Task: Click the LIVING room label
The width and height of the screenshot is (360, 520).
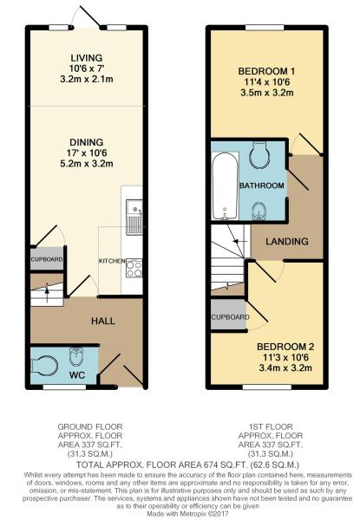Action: click(x=86, y=58)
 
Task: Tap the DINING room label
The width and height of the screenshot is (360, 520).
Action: click(x=86, y=142)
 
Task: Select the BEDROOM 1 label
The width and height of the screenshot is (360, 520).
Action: click(x=267, y=71)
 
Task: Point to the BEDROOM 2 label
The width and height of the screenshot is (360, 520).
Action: click(x=285, y=347)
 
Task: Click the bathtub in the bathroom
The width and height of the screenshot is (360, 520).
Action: click(x=225, y=186)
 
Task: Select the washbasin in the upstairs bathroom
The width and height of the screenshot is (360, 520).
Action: click(x=259, y=211)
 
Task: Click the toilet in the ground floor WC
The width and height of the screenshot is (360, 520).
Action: click(x=44, y=366)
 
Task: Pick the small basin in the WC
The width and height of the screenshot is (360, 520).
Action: click(x=76, y=355)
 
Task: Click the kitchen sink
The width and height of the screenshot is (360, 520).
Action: click(x=134, y=218)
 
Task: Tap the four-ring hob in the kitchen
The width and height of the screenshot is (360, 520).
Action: click(x=134, y=268)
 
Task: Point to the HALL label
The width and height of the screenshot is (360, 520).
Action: click(x=103, y=321)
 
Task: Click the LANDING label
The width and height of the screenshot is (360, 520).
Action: click(x=287, y=241)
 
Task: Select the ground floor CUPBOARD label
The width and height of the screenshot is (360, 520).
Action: click(x=47, y=259)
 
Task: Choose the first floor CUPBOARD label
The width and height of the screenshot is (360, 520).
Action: click(x=230, y=317)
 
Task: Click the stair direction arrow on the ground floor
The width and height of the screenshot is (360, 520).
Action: click(x=47, y=294)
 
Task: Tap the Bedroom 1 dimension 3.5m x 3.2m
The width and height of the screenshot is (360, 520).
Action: click(x=267, y=93)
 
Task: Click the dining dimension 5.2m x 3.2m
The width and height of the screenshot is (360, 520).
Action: click(x=86, y=164)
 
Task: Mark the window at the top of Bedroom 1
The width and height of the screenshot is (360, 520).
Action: click(x=265, y=28)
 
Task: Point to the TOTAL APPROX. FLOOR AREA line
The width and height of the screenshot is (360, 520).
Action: click(x=187, y=464)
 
